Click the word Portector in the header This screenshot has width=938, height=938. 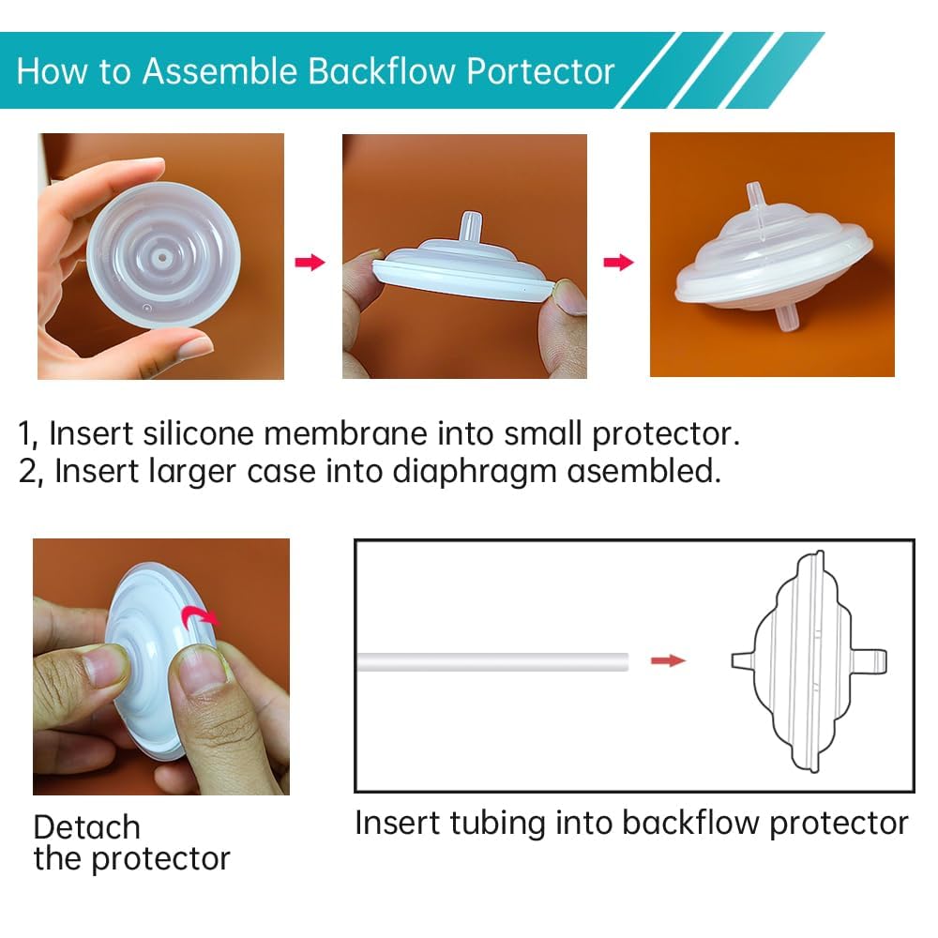pyautogui.click(x=541, y=72)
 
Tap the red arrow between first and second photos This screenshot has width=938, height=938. pyautogui.click(x=310, y=262)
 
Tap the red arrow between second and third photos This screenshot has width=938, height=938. pyautogui.click(x=618, y=262)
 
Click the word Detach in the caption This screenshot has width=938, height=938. pyautogui.click(x=86, y=827)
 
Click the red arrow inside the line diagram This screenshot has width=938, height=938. pyautogui.click(x=669, y=661)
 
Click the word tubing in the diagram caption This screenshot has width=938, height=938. pyautogui.click(x=502, y=824)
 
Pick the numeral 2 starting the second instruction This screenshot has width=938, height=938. pyautogui.click(x=28, y=471)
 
